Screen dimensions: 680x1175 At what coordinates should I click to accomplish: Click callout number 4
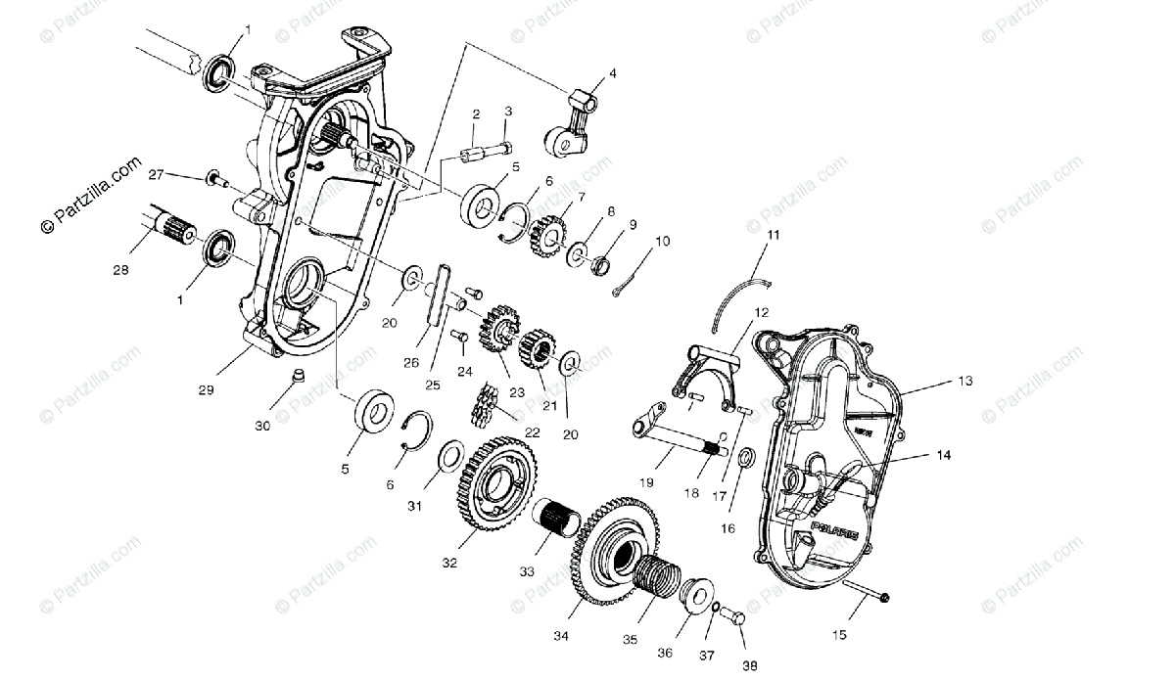(x=613, y=73)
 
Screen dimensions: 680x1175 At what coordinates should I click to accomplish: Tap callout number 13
(x=965, y=381)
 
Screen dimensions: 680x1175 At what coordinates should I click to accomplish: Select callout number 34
(x=560, y=635)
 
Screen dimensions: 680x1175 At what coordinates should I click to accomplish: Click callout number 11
(x=774, y=235)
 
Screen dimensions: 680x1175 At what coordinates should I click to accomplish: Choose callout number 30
(x=262, y=426)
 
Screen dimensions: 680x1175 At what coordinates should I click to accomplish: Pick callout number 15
(x=839, y=635)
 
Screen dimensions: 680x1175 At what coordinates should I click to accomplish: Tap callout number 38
(x=749, y=665)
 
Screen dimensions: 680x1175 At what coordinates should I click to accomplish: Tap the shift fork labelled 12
(x=707, y=367)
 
